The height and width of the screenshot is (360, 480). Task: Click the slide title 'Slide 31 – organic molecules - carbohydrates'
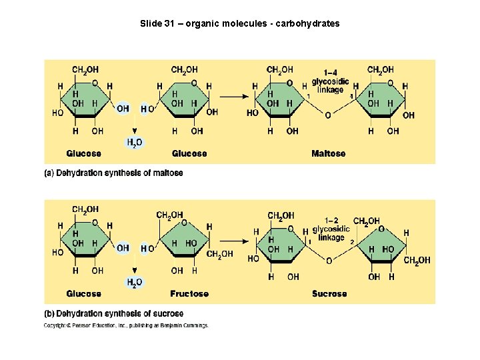[239, 23]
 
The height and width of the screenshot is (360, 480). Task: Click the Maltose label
[328, 153]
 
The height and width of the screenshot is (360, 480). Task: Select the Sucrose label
[329, 293]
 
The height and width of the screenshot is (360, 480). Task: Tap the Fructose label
[189, 293]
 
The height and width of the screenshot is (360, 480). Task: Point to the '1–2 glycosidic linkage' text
[331, 229]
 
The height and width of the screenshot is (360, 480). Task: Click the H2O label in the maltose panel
[134, 142]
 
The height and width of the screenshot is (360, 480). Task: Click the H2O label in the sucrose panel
[134, 282]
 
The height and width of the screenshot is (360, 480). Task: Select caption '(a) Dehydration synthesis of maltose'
[113, 173]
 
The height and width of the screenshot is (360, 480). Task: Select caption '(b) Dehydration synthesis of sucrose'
[113, 313]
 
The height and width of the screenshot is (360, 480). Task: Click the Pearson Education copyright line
[126, 326]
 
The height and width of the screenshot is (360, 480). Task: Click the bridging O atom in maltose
[327, 115]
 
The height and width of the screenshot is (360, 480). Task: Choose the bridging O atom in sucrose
[328, 260]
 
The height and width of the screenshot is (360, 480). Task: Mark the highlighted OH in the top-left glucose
[123, 108]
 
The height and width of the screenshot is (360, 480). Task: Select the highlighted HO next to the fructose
[148, 249]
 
